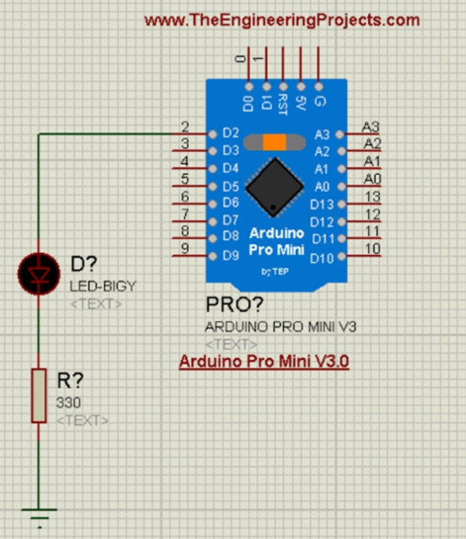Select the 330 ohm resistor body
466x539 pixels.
coord(38,396)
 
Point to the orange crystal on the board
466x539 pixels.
coord(274,142)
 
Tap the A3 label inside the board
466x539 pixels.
coord(322,134)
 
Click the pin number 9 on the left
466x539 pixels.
coord(185,249)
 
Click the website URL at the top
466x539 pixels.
coord(282,20)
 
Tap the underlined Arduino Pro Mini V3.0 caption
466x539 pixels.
coord(264,362)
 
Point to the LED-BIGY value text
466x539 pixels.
coord(103,286)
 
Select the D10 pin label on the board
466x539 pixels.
coord(320,256)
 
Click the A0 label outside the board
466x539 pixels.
coord(372,179)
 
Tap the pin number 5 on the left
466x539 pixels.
coord(185,179)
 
